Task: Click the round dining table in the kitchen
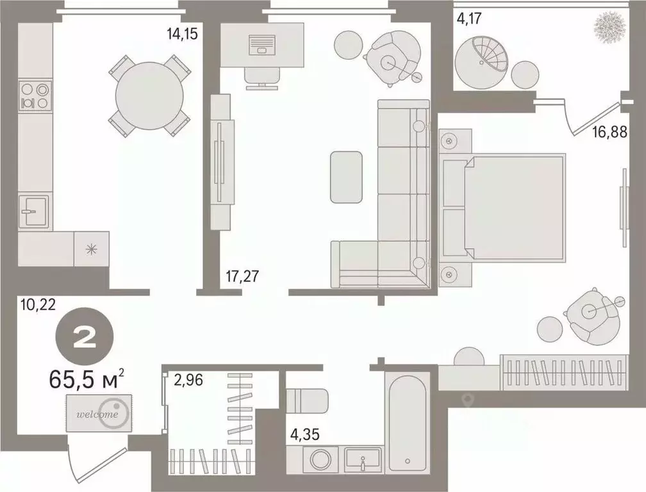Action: [x=149, y=95]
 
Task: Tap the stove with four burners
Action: [x=35, y=95]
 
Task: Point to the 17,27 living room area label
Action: [x=243, y=277]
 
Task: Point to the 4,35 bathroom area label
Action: [x=305, y=435]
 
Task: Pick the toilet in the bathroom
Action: [x=307, y=401]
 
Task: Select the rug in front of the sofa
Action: [x=346, y=177]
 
